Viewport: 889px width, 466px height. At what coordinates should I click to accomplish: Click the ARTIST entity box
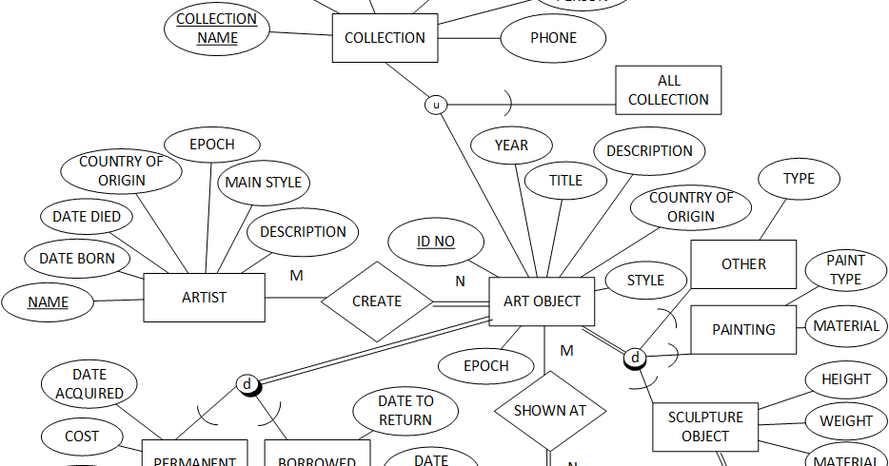point(204,298)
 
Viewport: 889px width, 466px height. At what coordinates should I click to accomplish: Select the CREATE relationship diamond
point(377,301)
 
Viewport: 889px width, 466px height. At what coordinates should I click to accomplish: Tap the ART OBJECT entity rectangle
point(542,301)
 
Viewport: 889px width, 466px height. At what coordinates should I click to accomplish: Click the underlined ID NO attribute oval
point(436,242)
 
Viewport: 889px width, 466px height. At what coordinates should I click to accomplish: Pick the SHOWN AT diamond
point(550,411)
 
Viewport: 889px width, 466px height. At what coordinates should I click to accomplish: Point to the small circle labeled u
point(436,106)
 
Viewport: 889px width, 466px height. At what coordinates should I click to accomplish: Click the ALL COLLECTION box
point(668,90)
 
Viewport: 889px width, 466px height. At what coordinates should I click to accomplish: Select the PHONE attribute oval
point(553,39)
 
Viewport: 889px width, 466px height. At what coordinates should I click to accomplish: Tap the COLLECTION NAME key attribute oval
point(217,29)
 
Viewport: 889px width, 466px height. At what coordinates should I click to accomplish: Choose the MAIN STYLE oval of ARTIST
point(263,183)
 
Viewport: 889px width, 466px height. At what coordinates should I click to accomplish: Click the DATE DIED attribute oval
point(87,217)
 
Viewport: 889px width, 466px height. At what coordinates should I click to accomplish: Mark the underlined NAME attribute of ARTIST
point(48,302)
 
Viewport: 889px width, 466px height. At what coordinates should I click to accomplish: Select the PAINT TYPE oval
point(845,270)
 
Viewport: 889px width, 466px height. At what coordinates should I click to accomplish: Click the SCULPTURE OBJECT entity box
point(705,427)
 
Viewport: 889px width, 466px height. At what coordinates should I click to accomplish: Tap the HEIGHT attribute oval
point(845,379)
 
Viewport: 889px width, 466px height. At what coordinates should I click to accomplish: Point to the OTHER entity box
point(743,264)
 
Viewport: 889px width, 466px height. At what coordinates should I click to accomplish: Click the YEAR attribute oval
point(511,146)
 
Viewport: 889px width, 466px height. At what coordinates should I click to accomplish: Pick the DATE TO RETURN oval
point(405,411)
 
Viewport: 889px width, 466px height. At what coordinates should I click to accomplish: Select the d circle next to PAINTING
point(634,359)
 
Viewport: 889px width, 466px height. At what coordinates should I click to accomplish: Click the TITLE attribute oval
point(565,181)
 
